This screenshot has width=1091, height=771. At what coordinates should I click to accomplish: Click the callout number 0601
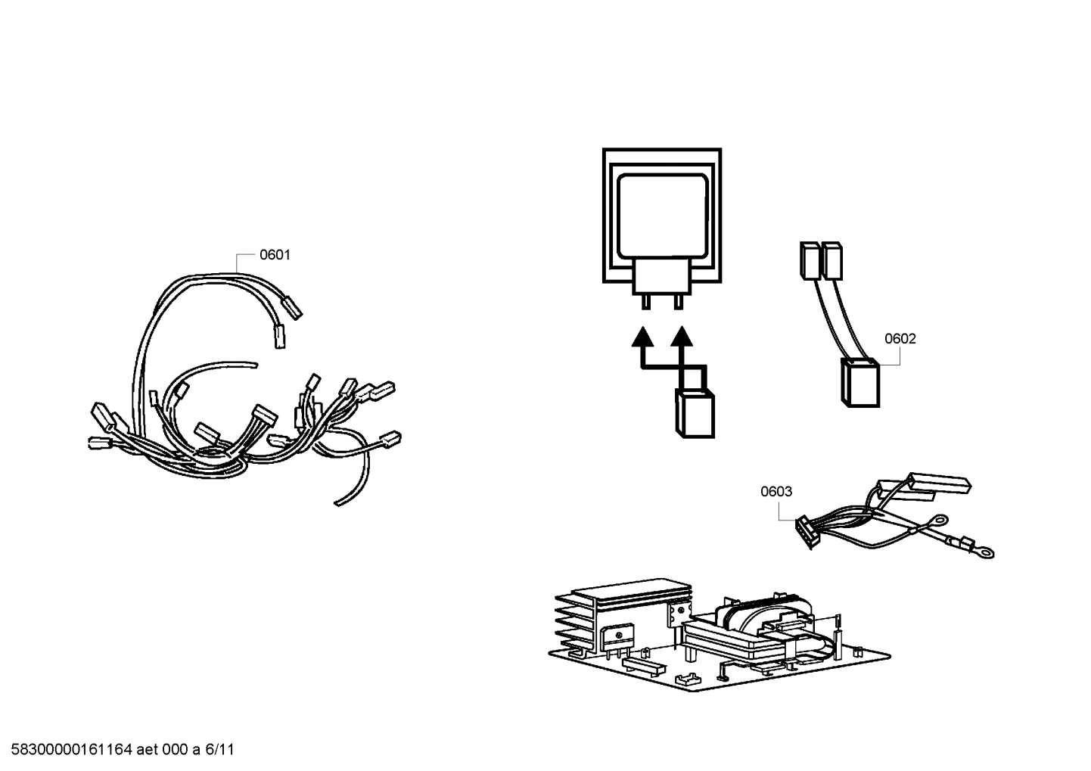coord(275,255)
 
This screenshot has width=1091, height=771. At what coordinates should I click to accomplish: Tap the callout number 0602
coord(900,339)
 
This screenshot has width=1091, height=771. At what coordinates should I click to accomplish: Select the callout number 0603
coord(776,492)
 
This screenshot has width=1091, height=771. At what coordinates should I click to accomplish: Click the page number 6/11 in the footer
coord(219,750)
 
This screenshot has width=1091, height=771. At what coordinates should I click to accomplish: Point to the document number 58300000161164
coord(68,750)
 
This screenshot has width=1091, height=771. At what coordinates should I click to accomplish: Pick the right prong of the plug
coord(678,301)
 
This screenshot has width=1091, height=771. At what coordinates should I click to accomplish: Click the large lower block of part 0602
coord(860,383)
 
